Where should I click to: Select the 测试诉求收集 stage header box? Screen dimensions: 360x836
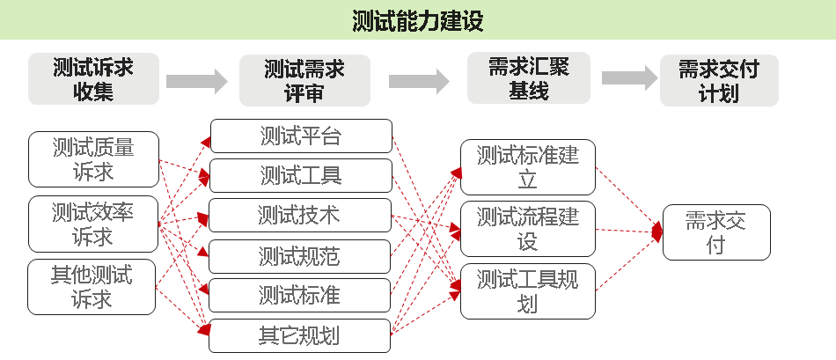point(94,79)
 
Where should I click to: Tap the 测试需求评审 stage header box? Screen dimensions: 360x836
point(304,80)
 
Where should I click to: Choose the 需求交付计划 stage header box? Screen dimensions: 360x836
point(718,80)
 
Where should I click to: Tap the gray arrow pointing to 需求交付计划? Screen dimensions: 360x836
point(629,77)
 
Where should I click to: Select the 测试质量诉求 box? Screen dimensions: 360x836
point(93,159)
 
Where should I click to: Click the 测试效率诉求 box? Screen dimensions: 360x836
point(93,224)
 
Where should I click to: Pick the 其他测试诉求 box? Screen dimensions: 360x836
point(92,287)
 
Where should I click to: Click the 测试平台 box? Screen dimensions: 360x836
point(300,136)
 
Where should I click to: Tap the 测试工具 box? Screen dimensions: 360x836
point(300,175)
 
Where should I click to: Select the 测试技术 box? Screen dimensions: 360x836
point(299,215)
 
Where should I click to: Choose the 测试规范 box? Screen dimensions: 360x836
point(299,256)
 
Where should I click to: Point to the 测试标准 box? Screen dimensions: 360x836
point(299,295)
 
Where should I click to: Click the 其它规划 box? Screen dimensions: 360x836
point(299,335)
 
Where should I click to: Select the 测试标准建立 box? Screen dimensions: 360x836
point(528,167)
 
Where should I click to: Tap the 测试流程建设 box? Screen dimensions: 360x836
point(528,228)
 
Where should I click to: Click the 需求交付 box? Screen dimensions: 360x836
point(715,232)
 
